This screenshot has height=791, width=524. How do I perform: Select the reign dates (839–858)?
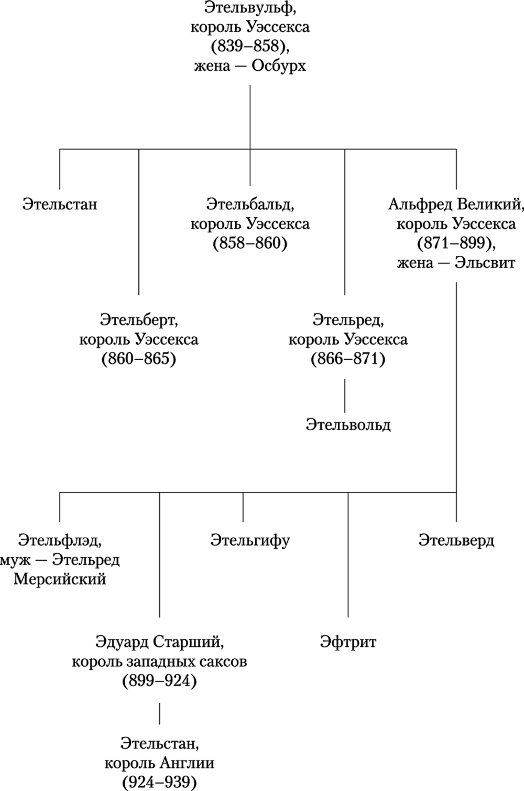tap(250, 47)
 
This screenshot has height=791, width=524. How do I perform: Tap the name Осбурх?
tap(278, 66)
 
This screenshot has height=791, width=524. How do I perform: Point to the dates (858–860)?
tap(250, 243)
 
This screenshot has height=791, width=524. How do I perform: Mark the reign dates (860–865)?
tap(139, 359)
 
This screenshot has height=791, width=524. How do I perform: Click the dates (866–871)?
tap(348, 359)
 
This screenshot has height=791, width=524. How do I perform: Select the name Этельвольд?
tap(348, 424)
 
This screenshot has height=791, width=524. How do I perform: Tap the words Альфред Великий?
tap(455, 204)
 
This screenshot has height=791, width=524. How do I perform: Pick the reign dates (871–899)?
tap(456, 243)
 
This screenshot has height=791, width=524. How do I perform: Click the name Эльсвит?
tap(484, 263)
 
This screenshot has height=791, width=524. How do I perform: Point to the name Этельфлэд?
tap(60, 540)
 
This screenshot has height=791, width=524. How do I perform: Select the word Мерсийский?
tap(60, 579)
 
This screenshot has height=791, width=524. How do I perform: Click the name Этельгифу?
tap(250, 540)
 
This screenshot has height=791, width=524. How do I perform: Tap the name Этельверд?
tap(456, 540)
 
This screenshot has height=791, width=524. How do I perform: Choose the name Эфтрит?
tap(348, 642)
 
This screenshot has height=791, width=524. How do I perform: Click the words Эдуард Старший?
tap(160, 642)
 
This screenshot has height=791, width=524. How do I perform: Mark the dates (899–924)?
tap(159, 681)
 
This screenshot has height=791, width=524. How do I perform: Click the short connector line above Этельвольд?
tap(345, 395)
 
